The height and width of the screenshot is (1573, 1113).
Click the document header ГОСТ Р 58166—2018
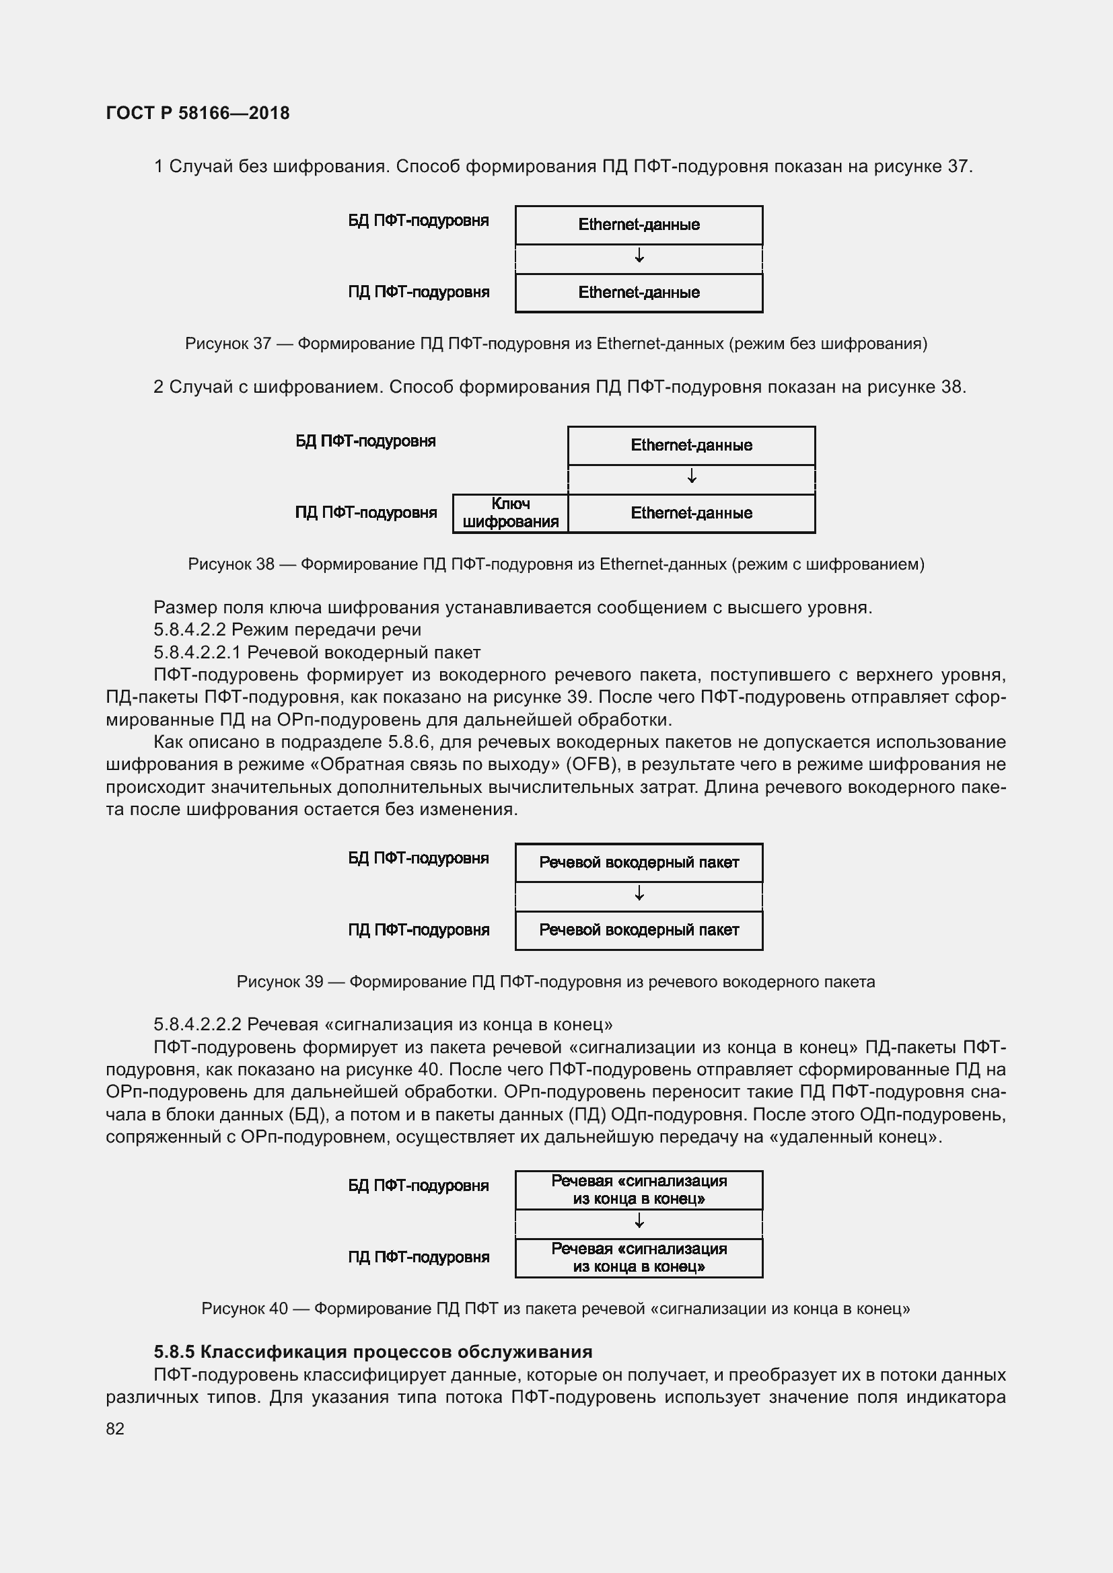click(197, 113)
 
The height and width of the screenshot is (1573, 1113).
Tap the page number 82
click(115, 1428)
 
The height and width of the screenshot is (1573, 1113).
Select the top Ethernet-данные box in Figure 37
click(639, 225)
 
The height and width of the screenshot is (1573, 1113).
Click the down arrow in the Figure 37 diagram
click(639, 256)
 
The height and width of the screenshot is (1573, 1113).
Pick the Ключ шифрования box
click(511, 513)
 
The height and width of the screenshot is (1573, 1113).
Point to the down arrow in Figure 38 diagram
click(692, 475)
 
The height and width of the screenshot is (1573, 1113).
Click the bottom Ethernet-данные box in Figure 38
click(692, 513)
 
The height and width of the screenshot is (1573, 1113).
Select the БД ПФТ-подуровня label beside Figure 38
click(365, 441)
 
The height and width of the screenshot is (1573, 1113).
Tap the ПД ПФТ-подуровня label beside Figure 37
click(418, 293)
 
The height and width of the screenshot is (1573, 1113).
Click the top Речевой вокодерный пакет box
click(639, 863)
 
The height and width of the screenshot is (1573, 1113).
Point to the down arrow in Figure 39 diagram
click(639, 893)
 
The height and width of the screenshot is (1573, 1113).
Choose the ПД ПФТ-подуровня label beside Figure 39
click(418, 930)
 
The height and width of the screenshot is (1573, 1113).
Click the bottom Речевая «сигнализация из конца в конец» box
click(639, 1258)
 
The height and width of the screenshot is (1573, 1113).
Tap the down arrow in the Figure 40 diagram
click(639, 1220)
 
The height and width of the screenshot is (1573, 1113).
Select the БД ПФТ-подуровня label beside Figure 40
click(418, 1186)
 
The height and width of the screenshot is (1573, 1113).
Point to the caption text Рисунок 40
click(244, 1309)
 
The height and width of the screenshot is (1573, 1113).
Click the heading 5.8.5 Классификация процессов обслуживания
click(373, 1352)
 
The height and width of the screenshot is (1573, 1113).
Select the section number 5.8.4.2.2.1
click(196, 652)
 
